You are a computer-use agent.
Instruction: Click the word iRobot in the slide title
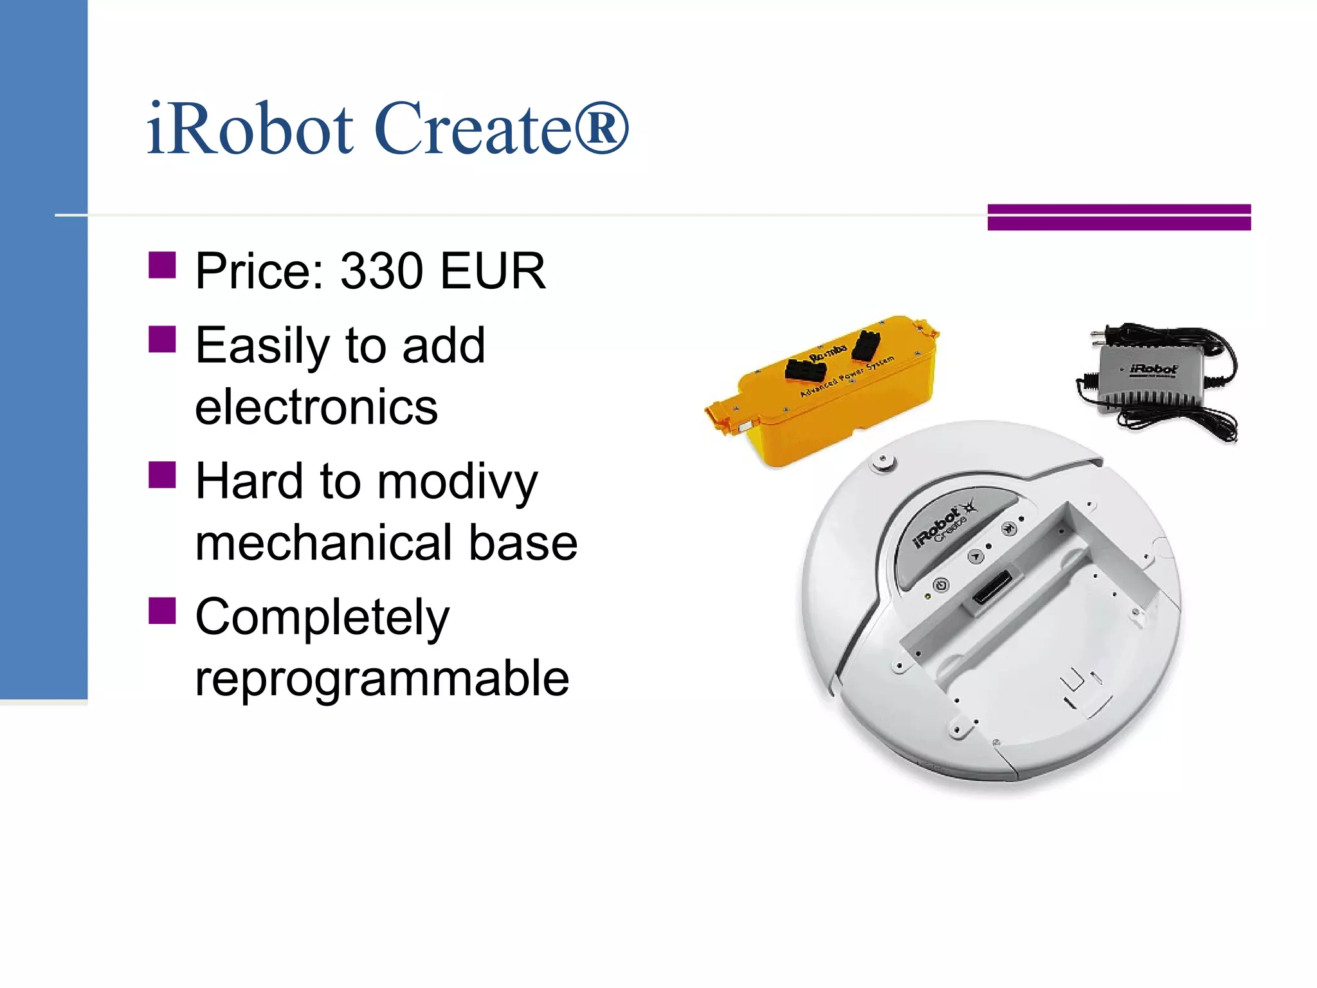(250, 129)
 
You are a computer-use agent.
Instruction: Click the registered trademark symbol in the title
(601, 129)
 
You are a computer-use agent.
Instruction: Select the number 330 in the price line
(381, 271)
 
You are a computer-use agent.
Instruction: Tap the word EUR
(493, 271)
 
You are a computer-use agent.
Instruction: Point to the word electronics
(316, 408)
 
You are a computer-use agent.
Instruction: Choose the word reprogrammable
(382, 679)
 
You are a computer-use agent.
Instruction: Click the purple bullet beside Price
(162, 265)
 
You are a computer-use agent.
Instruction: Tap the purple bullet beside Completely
(162, 611)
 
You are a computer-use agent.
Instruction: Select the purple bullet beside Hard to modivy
(162, 475)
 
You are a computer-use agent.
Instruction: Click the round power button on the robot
(941, 585)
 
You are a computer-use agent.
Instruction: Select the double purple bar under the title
(1119, 217)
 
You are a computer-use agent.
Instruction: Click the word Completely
(322, 617)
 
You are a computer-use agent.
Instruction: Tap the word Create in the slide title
(473, 129)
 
